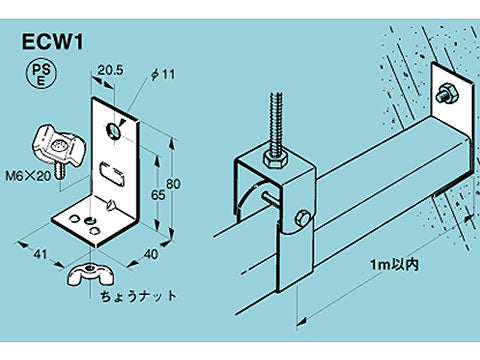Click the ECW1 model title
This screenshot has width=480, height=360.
[52, 42]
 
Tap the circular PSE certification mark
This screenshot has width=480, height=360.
[41, 75]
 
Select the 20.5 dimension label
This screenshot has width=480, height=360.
[110, 70]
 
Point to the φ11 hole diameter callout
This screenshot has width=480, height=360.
[163, 75]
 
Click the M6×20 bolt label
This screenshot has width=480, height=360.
[28, 176]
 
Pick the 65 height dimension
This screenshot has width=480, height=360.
[158, 195]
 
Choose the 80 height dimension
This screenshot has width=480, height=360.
[173, 184]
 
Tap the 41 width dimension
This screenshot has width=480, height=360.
[40, 255]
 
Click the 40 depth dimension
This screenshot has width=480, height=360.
[150, 254]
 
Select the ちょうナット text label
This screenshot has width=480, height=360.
[138, 296]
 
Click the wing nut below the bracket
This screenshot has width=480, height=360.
[90, 274]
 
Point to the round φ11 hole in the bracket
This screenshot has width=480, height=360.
[114, 130]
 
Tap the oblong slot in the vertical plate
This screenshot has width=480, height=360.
[112, 173]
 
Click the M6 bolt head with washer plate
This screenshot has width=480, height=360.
[59, 148]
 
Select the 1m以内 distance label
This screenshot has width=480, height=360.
[394, 265]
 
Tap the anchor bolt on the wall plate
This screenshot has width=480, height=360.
[446, 94]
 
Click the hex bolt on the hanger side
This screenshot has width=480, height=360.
[302, 218]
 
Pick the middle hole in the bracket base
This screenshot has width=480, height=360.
[88, 220]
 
